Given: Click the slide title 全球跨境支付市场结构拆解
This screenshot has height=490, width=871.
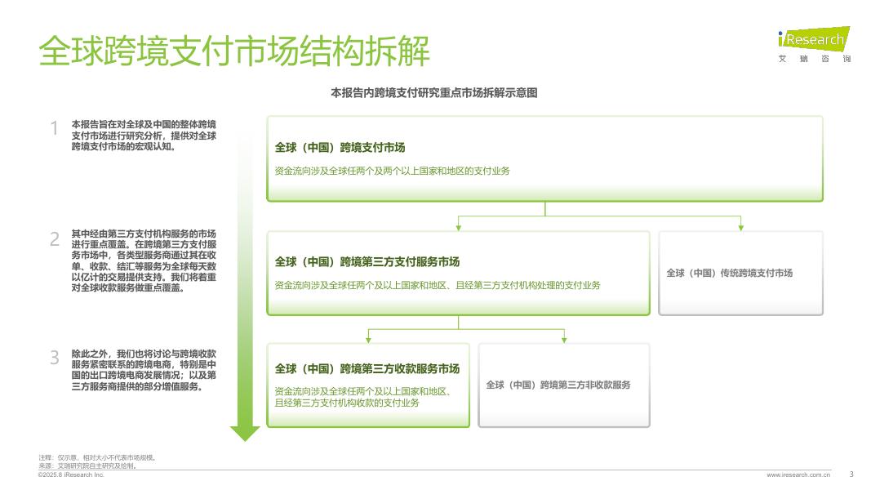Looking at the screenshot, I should pos(234,51).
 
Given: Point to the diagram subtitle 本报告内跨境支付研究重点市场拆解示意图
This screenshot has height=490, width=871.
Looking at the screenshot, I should pos(433,93).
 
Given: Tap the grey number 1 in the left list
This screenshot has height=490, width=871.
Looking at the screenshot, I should pos(55,129).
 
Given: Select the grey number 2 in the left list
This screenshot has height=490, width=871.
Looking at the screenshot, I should pos(55,239).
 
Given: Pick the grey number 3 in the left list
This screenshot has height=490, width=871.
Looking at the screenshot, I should pos(55,358).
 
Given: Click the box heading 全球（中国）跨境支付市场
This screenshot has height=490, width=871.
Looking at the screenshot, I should pos(340,148).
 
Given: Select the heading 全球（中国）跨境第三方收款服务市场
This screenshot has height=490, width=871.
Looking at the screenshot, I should pos(367,368).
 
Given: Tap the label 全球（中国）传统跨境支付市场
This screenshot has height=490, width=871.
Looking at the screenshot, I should pos(729,273).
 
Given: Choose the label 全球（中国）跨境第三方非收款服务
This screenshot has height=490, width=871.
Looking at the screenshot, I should pos(558,385).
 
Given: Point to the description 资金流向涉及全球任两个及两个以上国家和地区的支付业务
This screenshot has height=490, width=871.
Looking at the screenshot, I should pos(392,171).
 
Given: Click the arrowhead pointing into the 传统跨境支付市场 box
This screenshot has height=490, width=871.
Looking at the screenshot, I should pos(740,227).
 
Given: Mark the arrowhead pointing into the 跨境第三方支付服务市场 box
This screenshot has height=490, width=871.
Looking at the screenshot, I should pos(459,227).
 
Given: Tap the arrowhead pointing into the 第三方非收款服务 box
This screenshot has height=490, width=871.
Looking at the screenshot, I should pos(564,340).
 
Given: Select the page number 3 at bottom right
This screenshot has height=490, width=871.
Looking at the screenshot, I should pos(851,474).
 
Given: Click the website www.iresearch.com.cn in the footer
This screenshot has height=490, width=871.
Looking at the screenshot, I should pos(798,474).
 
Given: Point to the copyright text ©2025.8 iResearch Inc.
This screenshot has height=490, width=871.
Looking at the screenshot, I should pos(71,474).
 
